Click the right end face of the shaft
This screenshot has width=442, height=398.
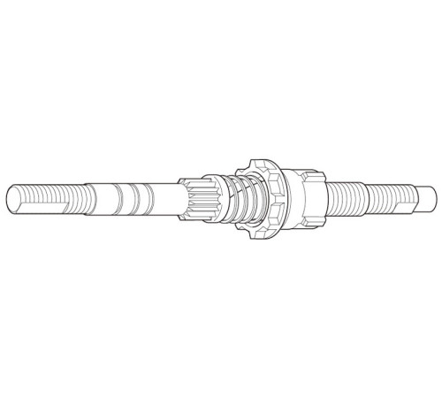click(433, 195)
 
